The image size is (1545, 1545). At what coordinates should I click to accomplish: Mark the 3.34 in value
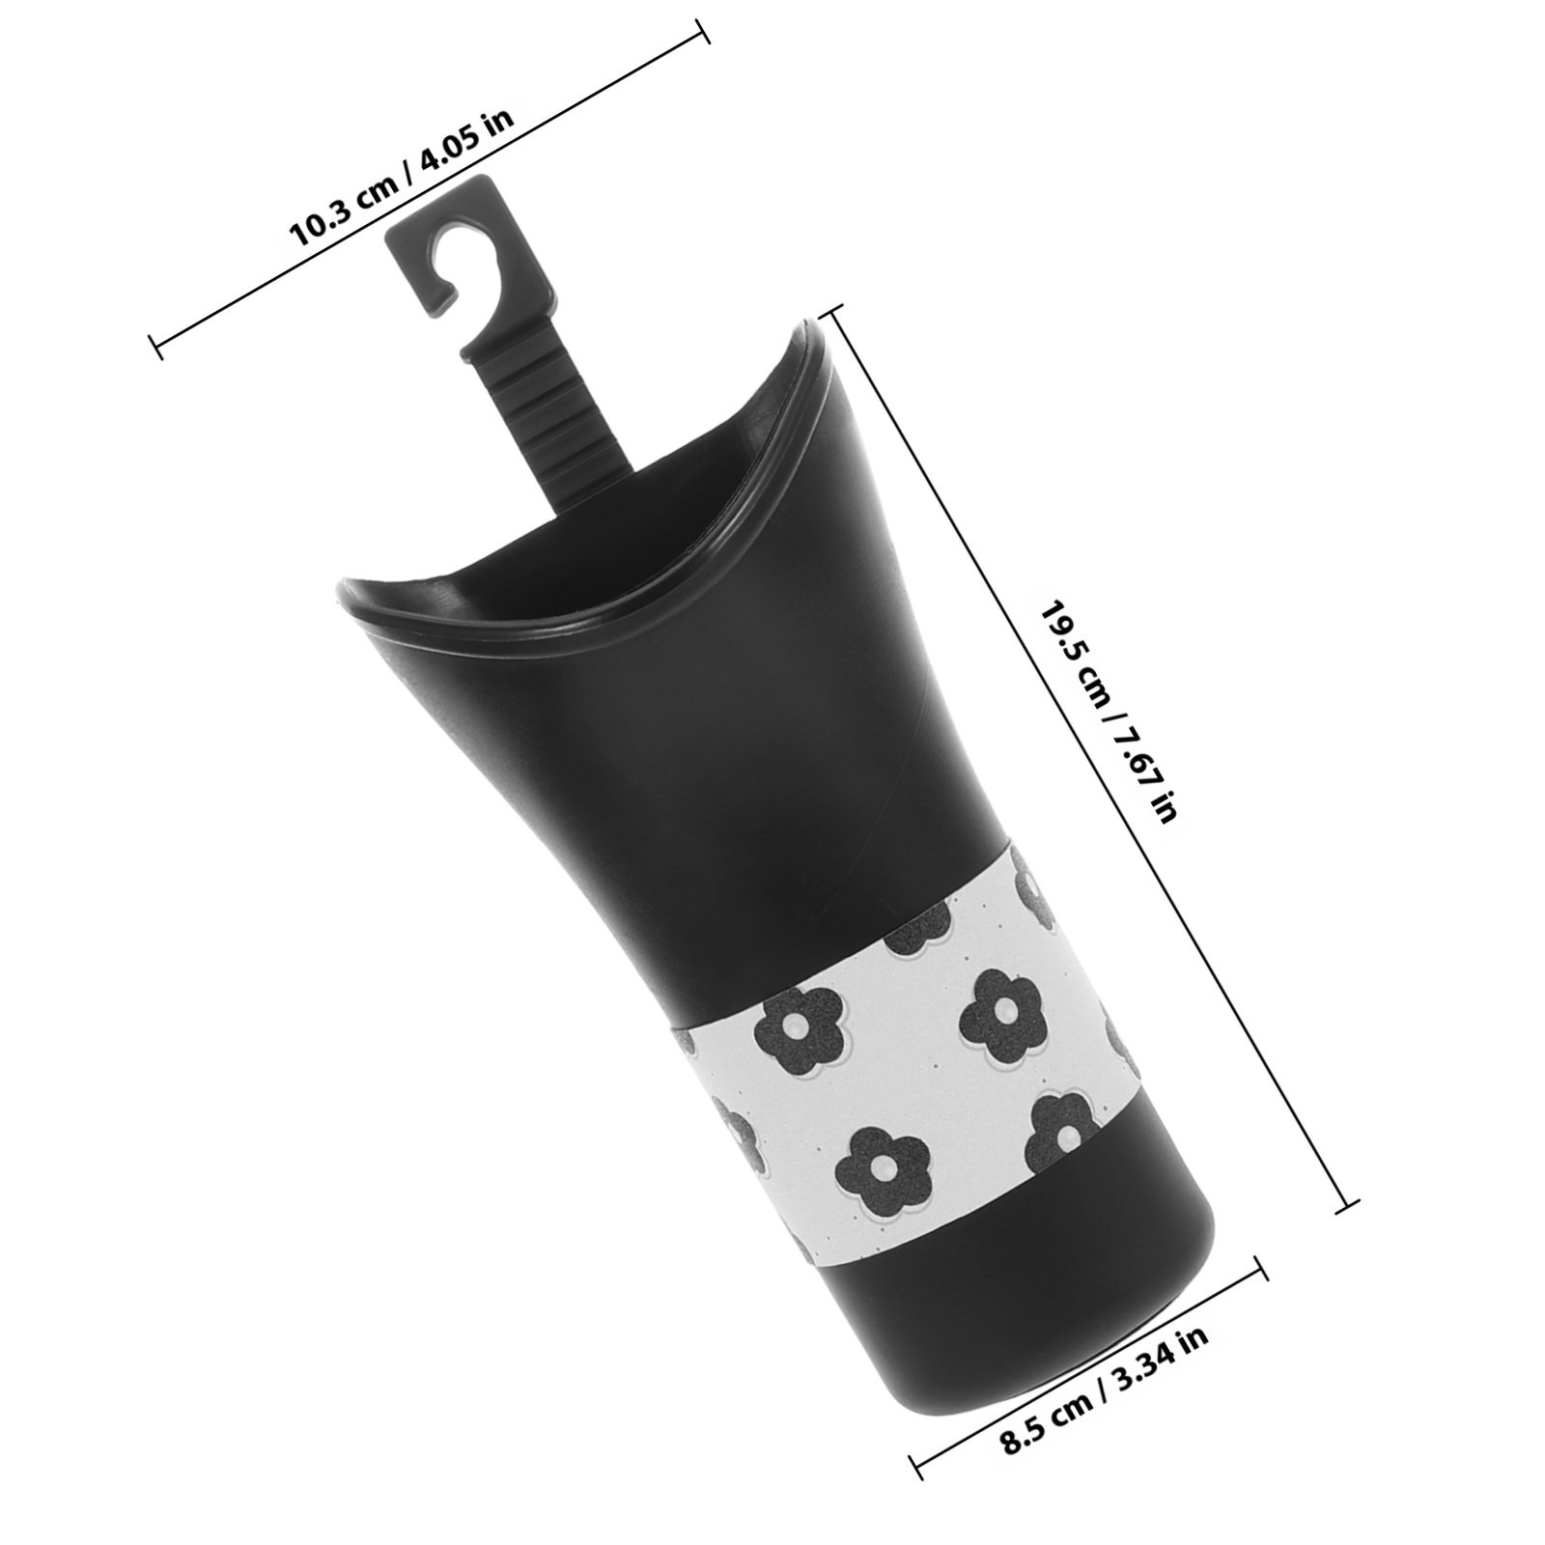[1158, 1353]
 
